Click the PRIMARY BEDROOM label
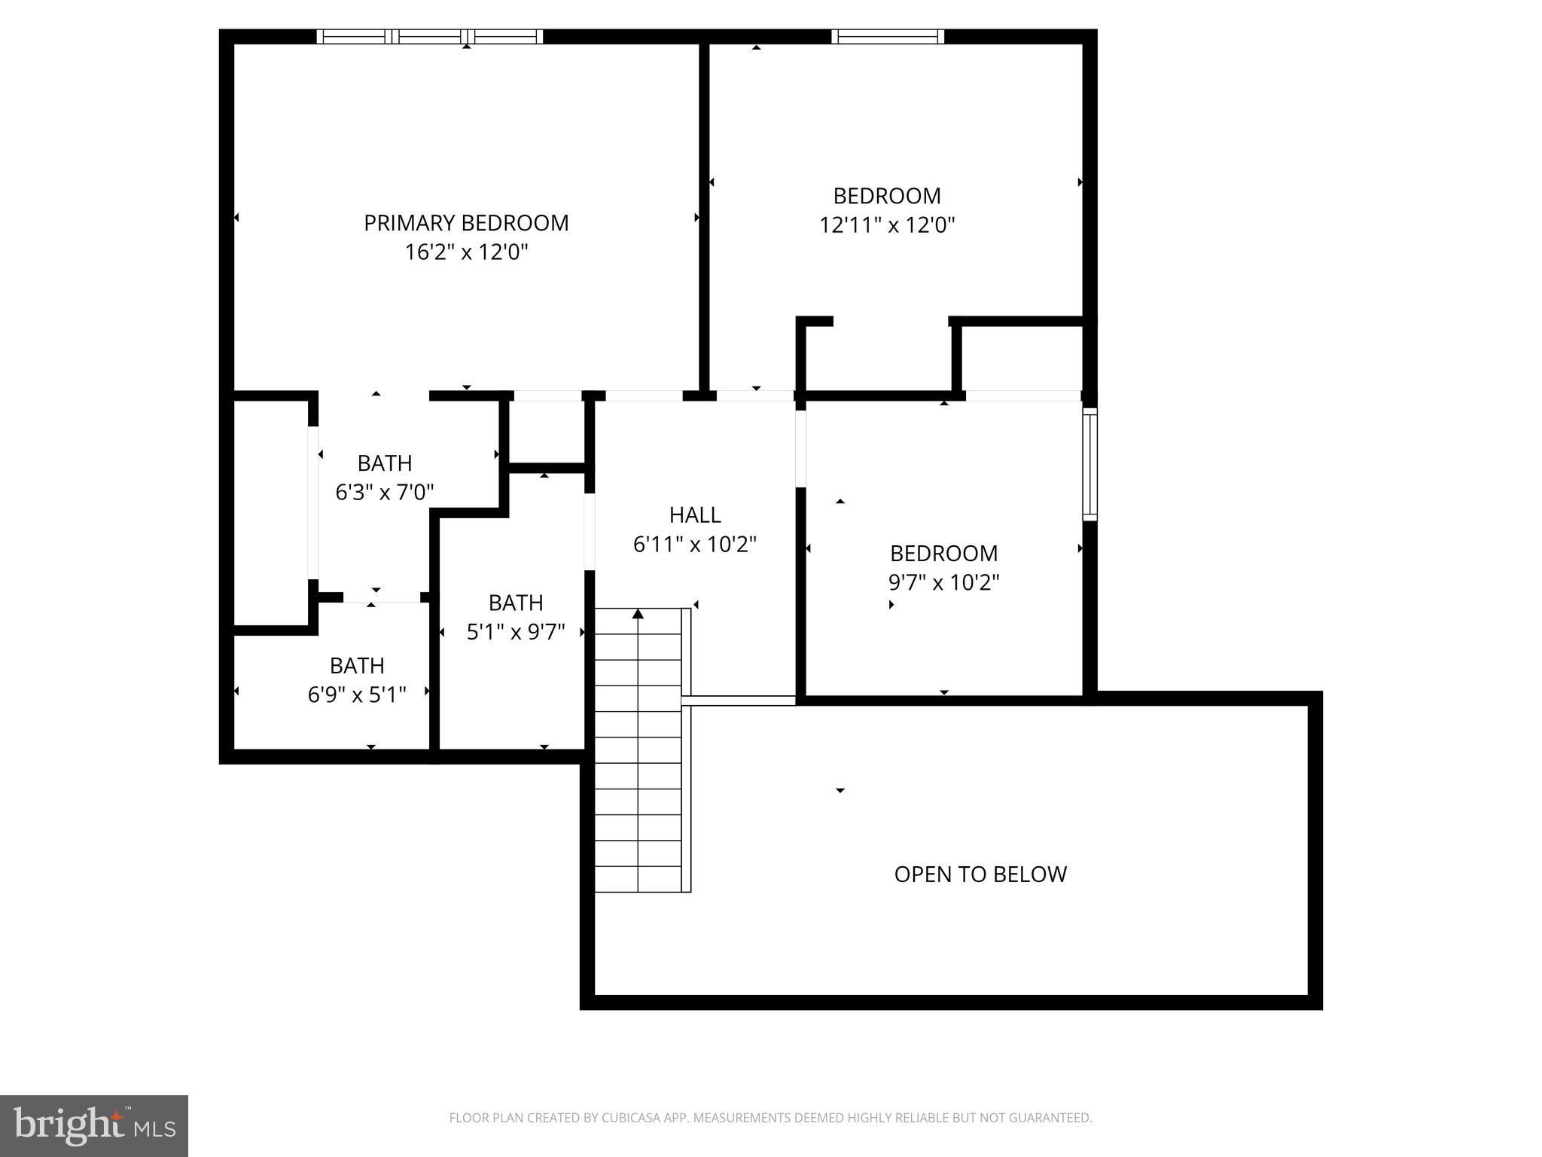466,223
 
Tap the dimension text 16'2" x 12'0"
466,252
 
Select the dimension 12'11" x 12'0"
887,225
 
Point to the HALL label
695,515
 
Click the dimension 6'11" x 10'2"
695,545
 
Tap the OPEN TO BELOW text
980,875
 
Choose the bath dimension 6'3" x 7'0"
385,493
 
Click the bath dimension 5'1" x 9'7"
516,632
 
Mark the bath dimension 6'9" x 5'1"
357,695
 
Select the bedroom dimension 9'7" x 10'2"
943,582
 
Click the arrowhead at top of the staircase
638,614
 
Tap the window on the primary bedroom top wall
429,36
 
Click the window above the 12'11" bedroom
888,36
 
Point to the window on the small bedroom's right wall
1089,464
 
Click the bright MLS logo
94,1126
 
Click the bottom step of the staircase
638,879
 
